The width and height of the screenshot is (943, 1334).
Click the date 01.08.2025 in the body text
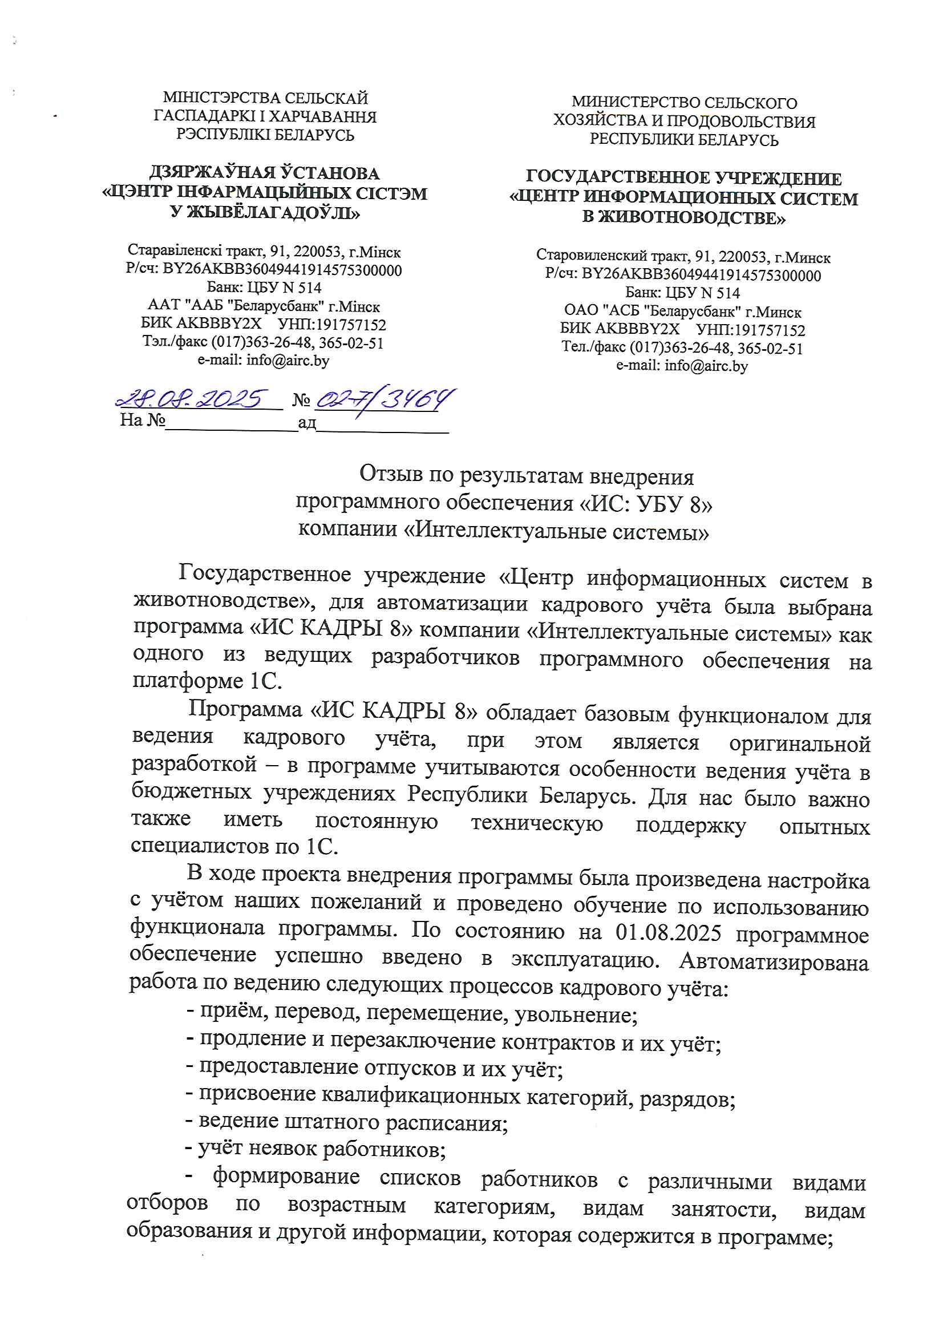(x=668, y=933)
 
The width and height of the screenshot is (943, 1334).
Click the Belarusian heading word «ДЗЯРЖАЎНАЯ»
(x=210, y=173)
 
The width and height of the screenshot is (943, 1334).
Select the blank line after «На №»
(x=231, y=422)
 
